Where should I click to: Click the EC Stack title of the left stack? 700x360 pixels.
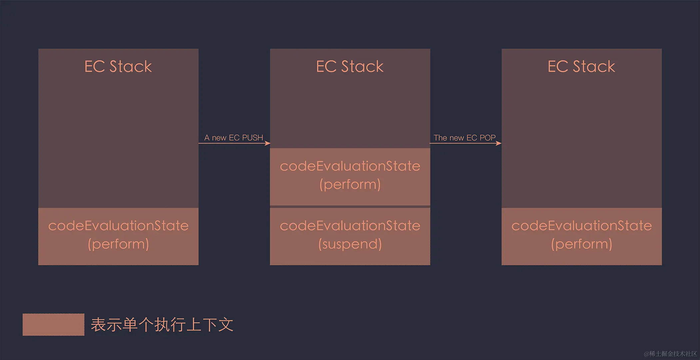pyautogui.click(x=118, y=66)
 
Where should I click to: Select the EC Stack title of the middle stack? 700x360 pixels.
pyautogui.click(x=350, y=66)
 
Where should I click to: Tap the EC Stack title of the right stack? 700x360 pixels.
pyautogui.click(x=581, y=66)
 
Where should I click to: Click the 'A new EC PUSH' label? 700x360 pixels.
pyautogui.click(x=234, y=138)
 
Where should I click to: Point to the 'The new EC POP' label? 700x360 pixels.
pyautogui.click(x=464, y=138)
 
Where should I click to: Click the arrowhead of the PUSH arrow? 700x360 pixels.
pyautogui.click(x=268, y=143)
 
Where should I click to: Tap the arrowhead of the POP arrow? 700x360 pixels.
pyautogui.click(x=499, y=143)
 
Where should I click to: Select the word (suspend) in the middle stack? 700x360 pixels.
pyautogui.click(x=350, y=244)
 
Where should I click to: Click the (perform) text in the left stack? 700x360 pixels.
pyautogui.click(x=118, y=244)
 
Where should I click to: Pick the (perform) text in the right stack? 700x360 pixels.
pyautogui.click(x=581, y=244)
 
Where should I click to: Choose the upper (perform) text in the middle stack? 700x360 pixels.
pyautogui.click(x=350, y=184)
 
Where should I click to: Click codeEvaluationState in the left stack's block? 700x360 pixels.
pyautogui.click(x=118, y=226)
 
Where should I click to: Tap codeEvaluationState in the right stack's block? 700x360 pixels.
pyautogui.click(x=581, y=226)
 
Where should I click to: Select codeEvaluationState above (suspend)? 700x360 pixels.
pyautogui.click(x=350, y=226)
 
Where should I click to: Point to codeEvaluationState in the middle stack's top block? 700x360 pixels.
pyautogui.click(x=350, y=166)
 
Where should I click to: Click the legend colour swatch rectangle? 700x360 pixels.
pyautogui.click(x=53, y=324)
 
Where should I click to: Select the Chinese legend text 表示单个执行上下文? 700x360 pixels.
pyautogui.click(x=162, y=325)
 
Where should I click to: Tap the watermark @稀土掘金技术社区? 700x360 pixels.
pyautogui.click(x=670, y=354)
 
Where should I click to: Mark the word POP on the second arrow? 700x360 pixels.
pyautogui.click(x=487, y=138)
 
